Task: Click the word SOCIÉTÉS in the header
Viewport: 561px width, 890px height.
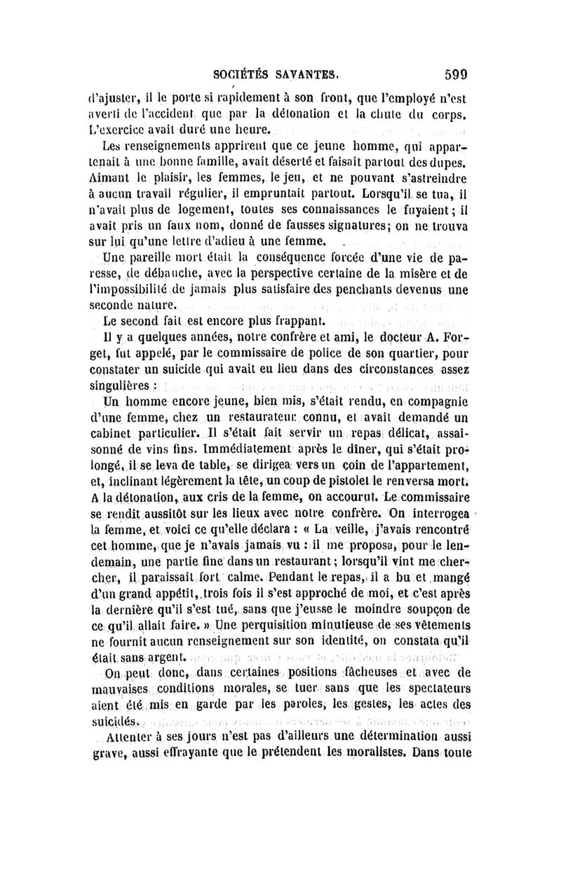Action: click(x=250, y=71)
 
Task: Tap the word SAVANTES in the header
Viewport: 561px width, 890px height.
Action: click(x=312, y=71)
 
